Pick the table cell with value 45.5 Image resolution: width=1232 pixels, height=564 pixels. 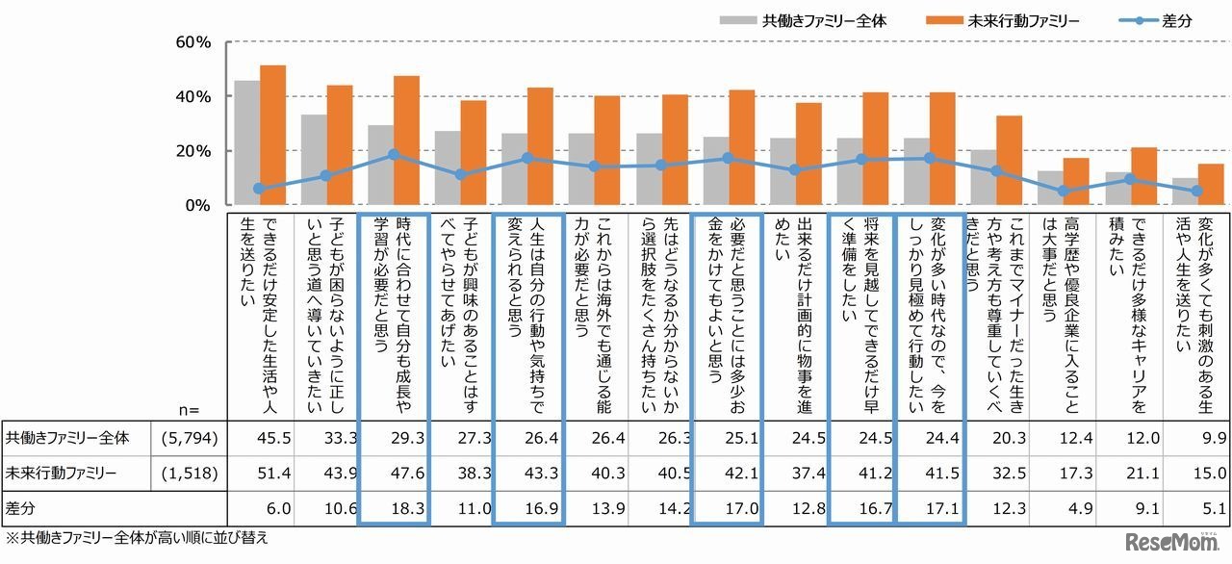point(260,439)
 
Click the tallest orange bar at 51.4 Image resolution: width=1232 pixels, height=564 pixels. point(273,135)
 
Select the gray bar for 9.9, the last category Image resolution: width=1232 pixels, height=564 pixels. point(1182,192)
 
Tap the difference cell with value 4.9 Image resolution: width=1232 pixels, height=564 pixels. point(1063,506)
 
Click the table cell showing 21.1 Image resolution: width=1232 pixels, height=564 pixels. point(1130,473)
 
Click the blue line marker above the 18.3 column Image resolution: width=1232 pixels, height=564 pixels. point(394,155)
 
